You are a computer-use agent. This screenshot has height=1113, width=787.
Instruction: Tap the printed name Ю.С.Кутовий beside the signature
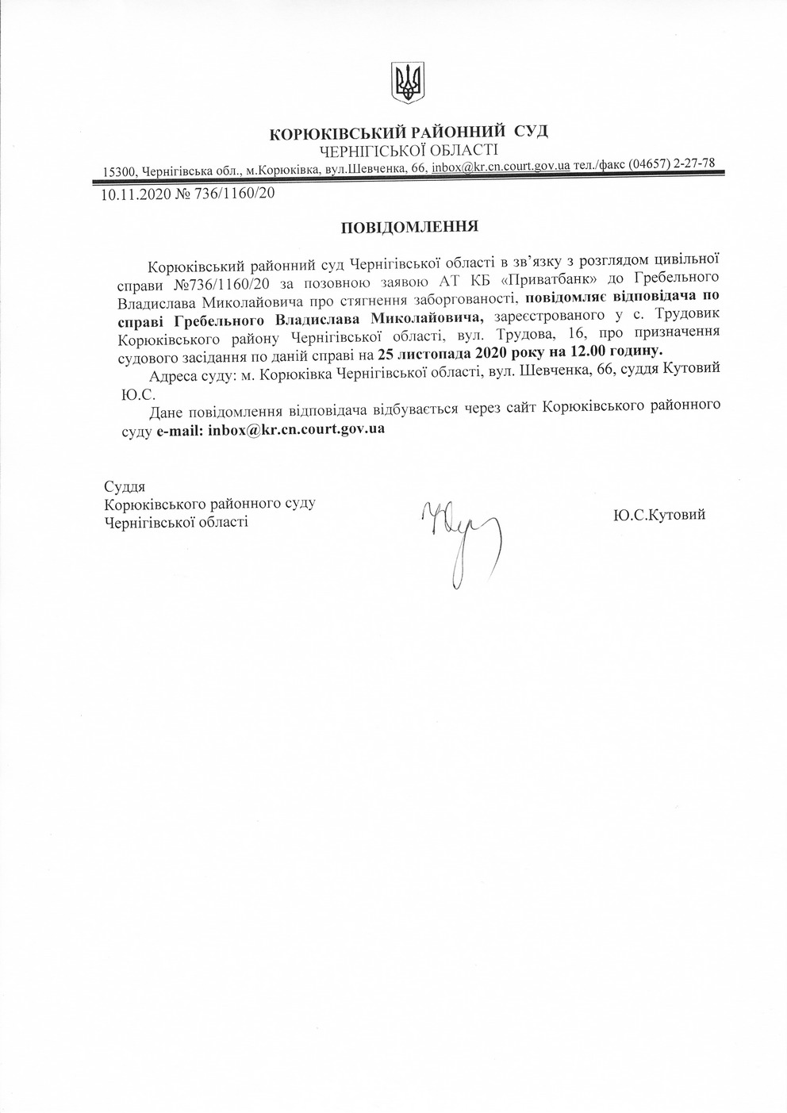tap(658, 515)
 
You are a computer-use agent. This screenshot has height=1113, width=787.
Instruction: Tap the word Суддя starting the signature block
tap(124, 485)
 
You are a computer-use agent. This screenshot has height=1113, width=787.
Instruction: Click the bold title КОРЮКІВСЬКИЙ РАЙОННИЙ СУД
tap(409, 132)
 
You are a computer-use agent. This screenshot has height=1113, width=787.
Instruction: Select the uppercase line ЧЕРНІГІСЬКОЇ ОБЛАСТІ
tap(409, 149)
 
